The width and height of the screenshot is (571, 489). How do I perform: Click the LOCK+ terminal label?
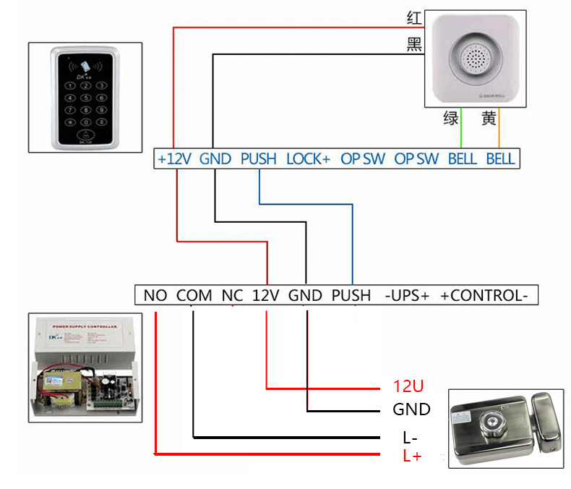tap(308, 159)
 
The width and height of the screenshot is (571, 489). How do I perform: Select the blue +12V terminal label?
tap(174, 159)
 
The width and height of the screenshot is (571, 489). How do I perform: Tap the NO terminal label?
tap(155, 295)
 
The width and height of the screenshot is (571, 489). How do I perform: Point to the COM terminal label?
tap(194, 295)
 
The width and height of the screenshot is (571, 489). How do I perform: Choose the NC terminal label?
tap(232, 295)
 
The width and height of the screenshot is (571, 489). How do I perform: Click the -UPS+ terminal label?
tap(407, 295)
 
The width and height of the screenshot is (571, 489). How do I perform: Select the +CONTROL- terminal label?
tap(484, 295)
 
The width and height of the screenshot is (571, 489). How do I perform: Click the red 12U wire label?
tap(408, 386)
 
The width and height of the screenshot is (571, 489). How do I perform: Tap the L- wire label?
tap(410, 437)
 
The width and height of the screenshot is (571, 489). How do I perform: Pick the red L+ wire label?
tap(412, 456)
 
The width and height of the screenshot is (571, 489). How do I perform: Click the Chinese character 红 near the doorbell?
tap(414, 18)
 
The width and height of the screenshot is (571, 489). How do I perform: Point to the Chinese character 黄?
tap(489, 118)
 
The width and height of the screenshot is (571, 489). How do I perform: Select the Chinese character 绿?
tap(451, 118)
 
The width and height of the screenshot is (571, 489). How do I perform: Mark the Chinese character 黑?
tap(414, 44)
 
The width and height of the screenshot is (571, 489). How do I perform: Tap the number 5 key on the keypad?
tap(86, 98)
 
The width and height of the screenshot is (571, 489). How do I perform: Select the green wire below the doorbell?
tap(461, 127)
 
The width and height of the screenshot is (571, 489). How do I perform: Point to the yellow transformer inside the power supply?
tap(59, 383)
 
